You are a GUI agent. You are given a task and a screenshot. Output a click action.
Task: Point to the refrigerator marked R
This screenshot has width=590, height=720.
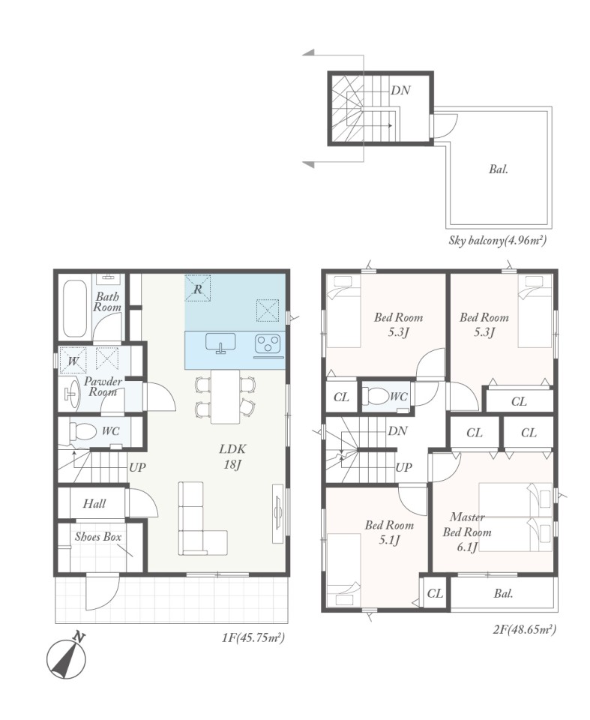(x=198, y=288)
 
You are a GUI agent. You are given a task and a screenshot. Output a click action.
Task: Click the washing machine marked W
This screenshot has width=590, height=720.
(x=73, y=360)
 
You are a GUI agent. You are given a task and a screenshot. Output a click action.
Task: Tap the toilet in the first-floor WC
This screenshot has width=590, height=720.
(x=82, y=432)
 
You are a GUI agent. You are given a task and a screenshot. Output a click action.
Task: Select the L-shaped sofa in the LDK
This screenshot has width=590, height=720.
(x=202, y=519)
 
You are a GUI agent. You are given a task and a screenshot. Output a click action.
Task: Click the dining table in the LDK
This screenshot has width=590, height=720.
(x=225, y=397)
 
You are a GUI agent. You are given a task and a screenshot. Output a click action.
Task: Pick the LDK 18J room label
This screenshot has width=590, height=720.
(x=232, y=457)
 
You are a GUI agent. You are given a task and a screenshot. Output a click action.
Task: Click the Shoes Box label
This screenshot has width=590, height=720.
(x=98, y=536)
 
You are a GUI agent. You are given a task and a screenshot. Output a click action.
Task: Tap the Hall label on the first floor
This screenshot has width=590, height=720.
(x=94, y=504)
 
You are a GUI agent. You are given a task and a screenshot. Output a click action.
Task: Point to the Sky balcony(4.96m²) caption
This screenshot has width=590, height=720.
(x=498, y=240)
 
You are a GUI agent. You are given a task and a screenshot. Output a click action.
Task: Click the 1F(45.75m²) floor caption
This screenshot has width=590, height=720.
(x=253, y=637)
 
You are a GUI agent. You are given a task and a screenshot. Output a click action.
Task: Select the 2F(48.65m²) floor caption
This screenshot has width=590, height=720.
(x=525, y=629)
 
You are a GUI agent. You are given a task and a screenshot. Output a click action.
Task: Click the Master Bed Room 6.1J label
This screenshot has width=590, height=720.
(x=467, y=532)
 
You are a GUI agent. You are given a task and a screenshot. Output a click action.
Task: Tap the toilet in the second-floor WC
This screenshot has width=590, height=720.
(x=375, y=396)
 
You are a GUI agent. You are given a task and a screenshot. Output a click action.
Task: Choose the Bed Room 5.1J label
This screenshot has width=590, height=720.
(x=389, y=532)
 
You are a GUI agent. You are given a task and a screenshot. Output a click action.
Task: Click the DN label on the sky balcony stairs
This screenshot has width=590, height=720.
(x=400, y=91)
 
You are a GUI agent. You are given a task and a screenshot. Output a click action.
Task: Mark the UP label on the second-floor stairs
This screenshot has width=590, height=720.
(x=403, y=467)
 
